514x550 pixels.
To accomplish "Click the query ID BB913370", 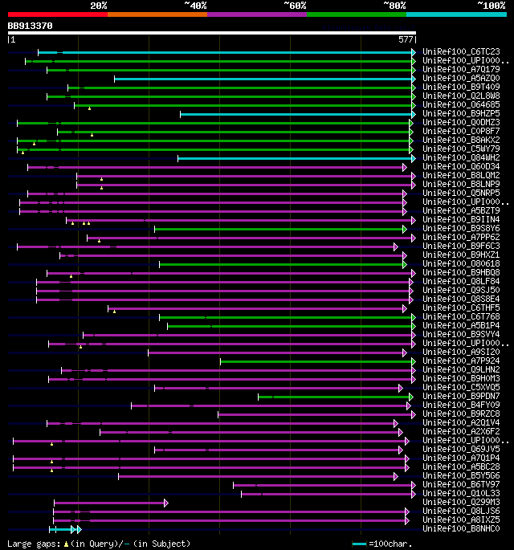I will [x=31, y=26].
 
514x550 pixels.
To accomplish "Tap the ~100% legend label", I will [x=491, y=5].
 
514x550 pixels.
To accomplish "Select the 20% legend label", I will [x=98, y=5].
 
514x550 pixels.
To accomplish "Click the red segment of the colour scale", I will [x=57, y=14].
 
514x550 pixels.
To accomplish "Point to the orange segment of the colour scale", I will [x=157, y=14].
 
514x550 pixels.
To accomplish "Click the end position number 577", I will [x=406, y=39].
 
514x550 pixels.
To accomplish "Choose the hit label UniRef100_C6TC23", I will [x=460, y=52].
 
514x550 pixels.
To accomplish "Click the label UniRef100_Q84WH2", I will [x=460, y=158].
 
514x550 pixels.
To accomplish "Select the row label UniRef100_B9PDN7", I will [x=460, y=397].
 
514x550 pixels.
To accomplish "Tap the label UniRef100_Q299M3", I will [x=460, y=503].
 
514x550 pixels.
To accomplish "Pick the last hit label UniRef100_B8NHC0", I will [x=460, y=529].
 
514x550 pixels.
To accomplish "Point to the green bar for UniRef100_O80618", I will [x=282, y=264].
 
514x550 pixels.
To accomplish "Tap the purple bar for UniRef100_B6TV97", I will [x=321, y=485].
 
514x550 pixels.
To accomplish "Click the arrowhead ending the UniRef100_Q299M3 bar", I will [x=165, y=503].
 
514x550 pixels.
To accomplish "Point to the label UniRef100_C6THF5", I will [x=460, y=308].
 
